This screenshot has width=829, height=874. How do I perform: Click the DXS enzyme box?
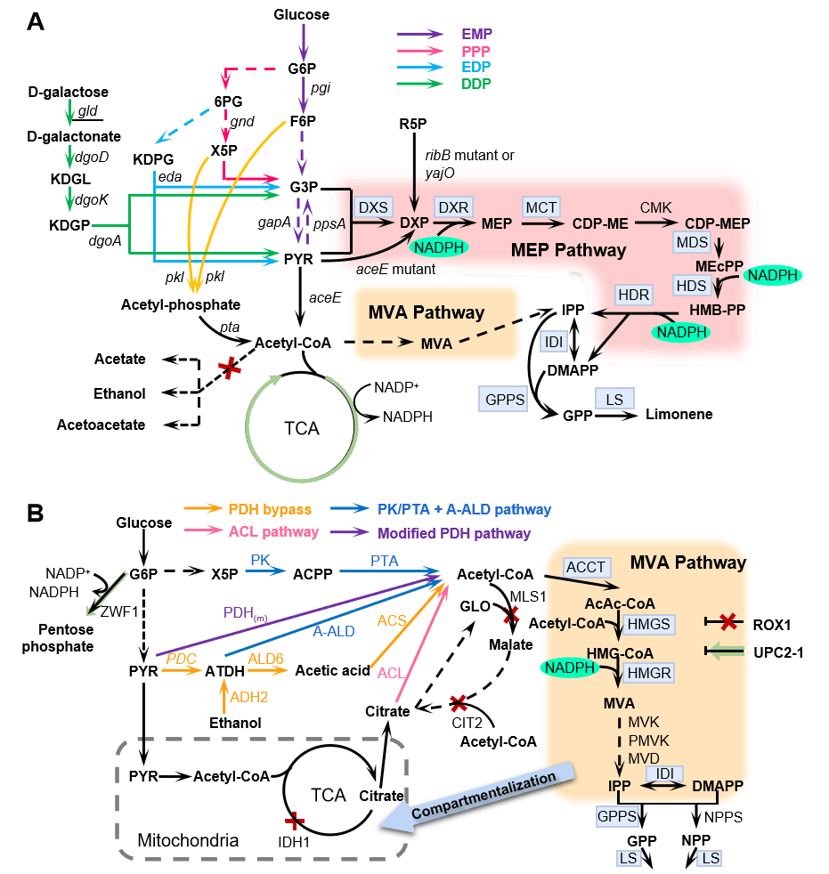(371, 206)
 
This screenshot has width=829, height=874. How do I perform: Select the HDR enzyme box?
(633, 295)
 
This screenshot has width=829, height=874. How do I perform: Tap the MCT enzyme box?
(540, 206)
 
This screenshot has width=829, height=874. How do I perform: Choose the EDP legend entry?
(475, 67)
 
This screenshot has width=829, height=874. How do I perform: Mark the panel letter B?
(35, 513)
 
